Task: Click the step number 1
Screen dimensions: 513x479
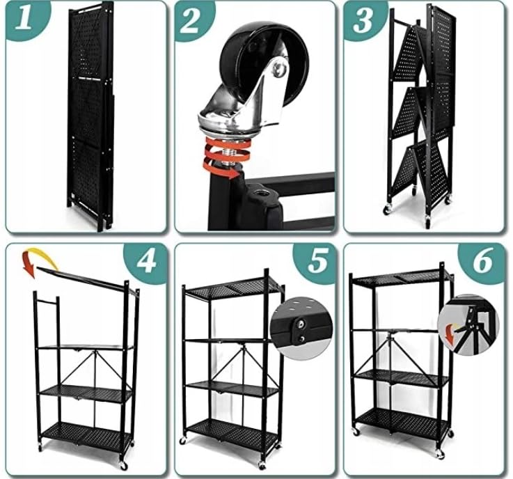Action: click(x=24, y=19)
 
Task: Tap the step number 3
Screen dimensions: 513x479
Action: click(x=363, y=20)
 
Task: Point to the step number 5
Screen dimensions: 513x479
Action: click(x=317, y=261)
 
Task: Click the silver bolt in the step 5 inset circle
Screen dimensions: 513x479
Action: click(x=300, y=324)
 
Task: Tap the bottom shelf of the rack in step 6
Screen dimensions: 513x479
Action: click(x=403, y=420)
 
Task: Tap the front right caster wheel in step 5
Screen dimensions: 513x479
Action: click(x=262, y=465)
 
